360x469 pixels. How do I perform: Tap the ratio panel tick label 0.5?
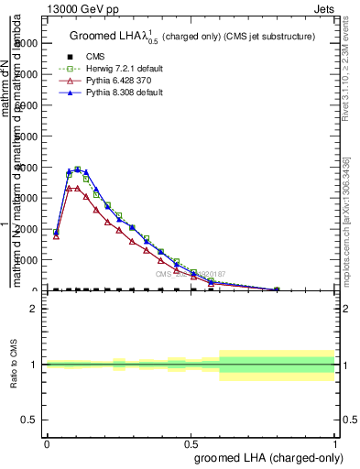(x=30, y=420)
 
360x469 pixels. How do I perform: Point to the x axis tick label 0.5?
(x=191, y=442)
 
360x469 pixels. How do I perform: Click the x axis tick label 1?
(x=335, y=442)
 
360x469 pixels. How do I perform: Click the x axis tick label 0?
(x=46, y=442)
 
